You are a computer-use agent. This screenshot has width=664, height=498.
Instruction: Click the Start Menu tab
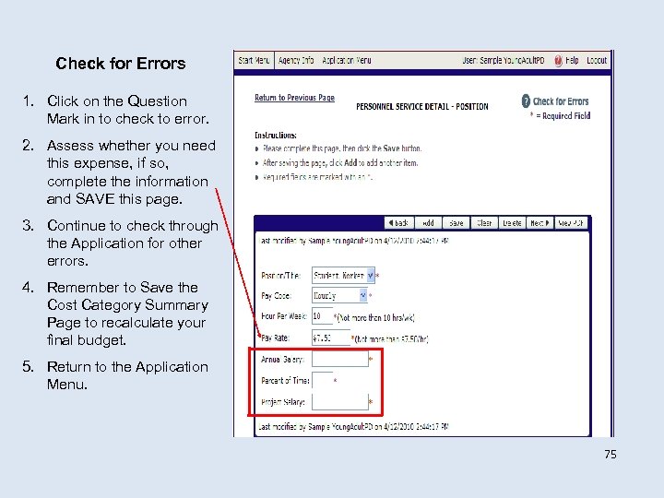[x=254, y=61]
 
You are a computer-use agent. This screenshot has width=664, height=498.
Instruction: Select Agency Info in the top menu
[x=296, y=61]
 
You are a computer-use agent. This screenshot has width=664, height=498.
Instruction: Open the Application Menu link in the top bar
[x=346, y=61]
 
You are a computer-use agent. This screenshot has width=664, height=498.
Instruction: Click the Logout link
[x=597, y=61]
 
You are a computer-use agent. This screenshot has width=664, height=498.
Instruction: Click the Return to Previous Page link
[x=294, y=98]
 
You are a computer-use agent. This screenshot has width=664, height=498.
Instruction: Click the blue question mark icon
[x=526, y=101]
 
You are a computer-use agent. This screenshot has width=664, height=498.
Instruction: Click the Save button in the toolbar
[x=456, y=223]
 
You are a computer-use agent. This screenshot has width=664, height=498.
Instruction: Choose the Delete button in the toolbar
[x=512, y=223]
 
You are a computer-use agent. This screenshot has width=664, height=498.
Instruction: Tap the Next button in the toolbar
[x=539, y=223]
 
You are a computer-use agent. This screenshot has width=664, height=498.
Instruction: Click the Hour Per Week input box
[x=322, y=316]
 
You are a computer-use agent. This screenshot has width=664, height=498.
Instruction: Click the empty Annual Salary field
[x=339, y=359]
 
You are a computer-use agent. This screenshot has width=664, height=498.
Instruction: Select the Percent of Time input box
[x=322, y=380]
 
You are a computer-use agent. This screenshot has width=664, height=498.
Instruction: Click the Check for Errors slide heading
[x=120, y=64]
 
